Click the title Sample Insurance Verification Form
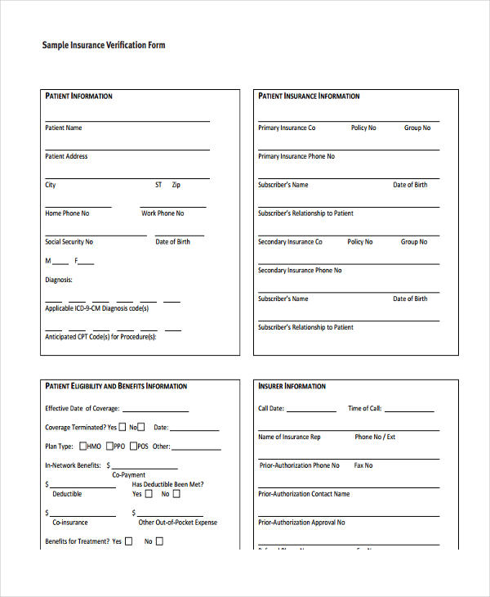[104, 45]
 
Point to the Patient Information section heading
[78, 97]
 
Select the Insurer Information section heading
[292, 386]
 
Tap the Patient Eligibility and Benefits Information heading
[116, 386]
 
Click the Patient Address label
[66, 156]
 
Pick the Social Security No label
[69, 242]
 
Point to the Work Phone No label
[163, 213]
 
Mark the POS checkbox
[133, 447]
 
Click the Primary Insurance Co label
[287, 128]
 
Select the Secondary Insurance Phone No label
[300, 271]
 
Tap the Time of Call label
[364, 409]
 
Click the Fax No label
[363, 465]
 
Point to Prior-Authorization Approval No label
[301, 523]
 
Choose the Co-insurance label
[70, 523]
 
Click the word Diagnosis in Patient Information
[58, 280]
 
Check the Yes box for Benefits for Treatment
[128, 541]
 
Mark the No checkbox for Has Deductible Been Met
[176, 494]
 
